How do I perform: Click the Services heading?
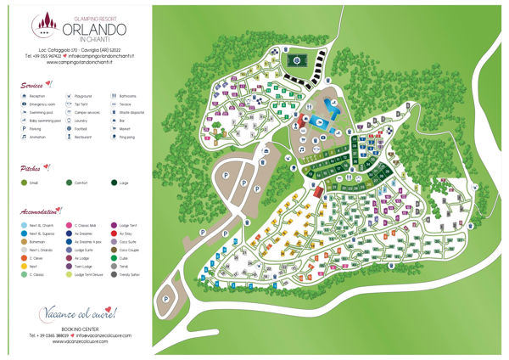click(x=34, y=85)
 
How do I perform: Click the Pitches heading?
click(x=31, y=168)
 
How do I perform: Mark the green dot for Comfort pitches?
click(x=68, y=182)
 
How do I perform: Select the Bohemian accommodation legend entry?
click(x=38, y=241)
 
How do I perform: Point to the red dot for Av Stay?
click(x=114, y=233)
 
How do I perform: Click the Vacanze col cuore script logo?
click(x=71, y=313)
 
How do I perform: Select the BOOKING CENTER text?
click(x=71, y=329)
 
